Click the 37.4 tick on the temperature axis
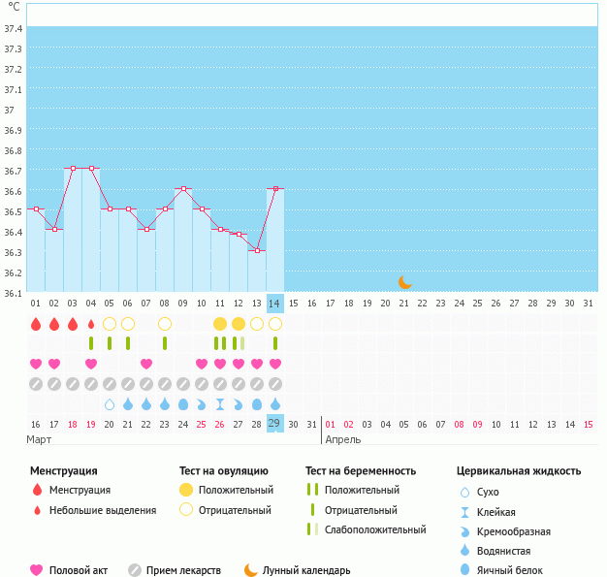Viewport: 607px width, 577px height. coord(14,28)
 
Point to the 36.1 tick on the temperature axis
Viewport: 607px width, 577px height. coord(14,293)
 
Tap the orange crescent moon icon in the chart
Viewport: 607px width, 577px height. coord(405,282)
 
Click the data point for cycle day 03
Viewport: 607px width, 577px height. coord(73,168)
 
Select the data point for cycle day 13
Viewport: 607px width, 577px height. coord(257,250)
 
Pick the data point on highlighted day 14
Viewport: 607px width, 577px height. coord(275,188)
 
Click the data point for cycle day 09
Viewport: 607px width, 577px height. coord(183,188)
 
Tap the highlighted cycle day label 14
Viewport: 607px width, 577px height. coord(275,304)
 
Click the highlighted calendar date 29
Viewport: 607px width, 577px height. coord(275,424)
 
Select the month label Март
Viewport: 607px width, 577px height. coord(40,439)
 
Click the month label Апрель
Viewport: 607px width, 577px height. coord(342,439)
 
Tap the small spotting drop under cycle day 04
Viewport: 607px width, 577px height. coord(91,324)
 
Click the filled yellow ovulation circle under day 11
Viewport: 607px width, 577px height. coord(220,323)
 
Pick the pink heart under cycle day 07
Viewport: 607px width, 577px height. coord(146,364)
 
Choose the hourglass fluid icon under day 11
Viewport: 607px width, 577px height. coord(220,403)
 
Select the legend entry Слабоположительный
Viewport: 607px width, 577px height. coord(375,529)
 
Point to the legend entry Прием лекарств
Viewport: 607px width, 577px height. coord(183,570)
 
